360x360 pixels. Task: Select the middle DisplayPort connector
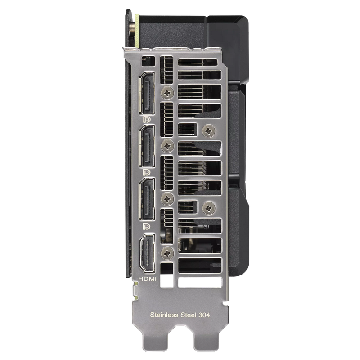point(147,146)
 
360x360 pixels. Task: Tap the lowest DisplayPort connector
point(147,199)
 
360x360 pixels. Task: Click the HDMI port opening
point(147,253)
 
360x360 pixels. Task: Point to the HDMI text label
point(147,279)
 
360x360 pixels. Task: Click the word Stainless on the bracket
point(164,315)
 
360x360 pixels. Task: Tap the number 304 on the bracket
point(204,315)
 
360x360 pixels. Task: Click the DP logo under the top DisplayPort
point(147,119)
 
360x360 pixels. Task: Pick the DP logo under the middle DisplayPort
point(147,173)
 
